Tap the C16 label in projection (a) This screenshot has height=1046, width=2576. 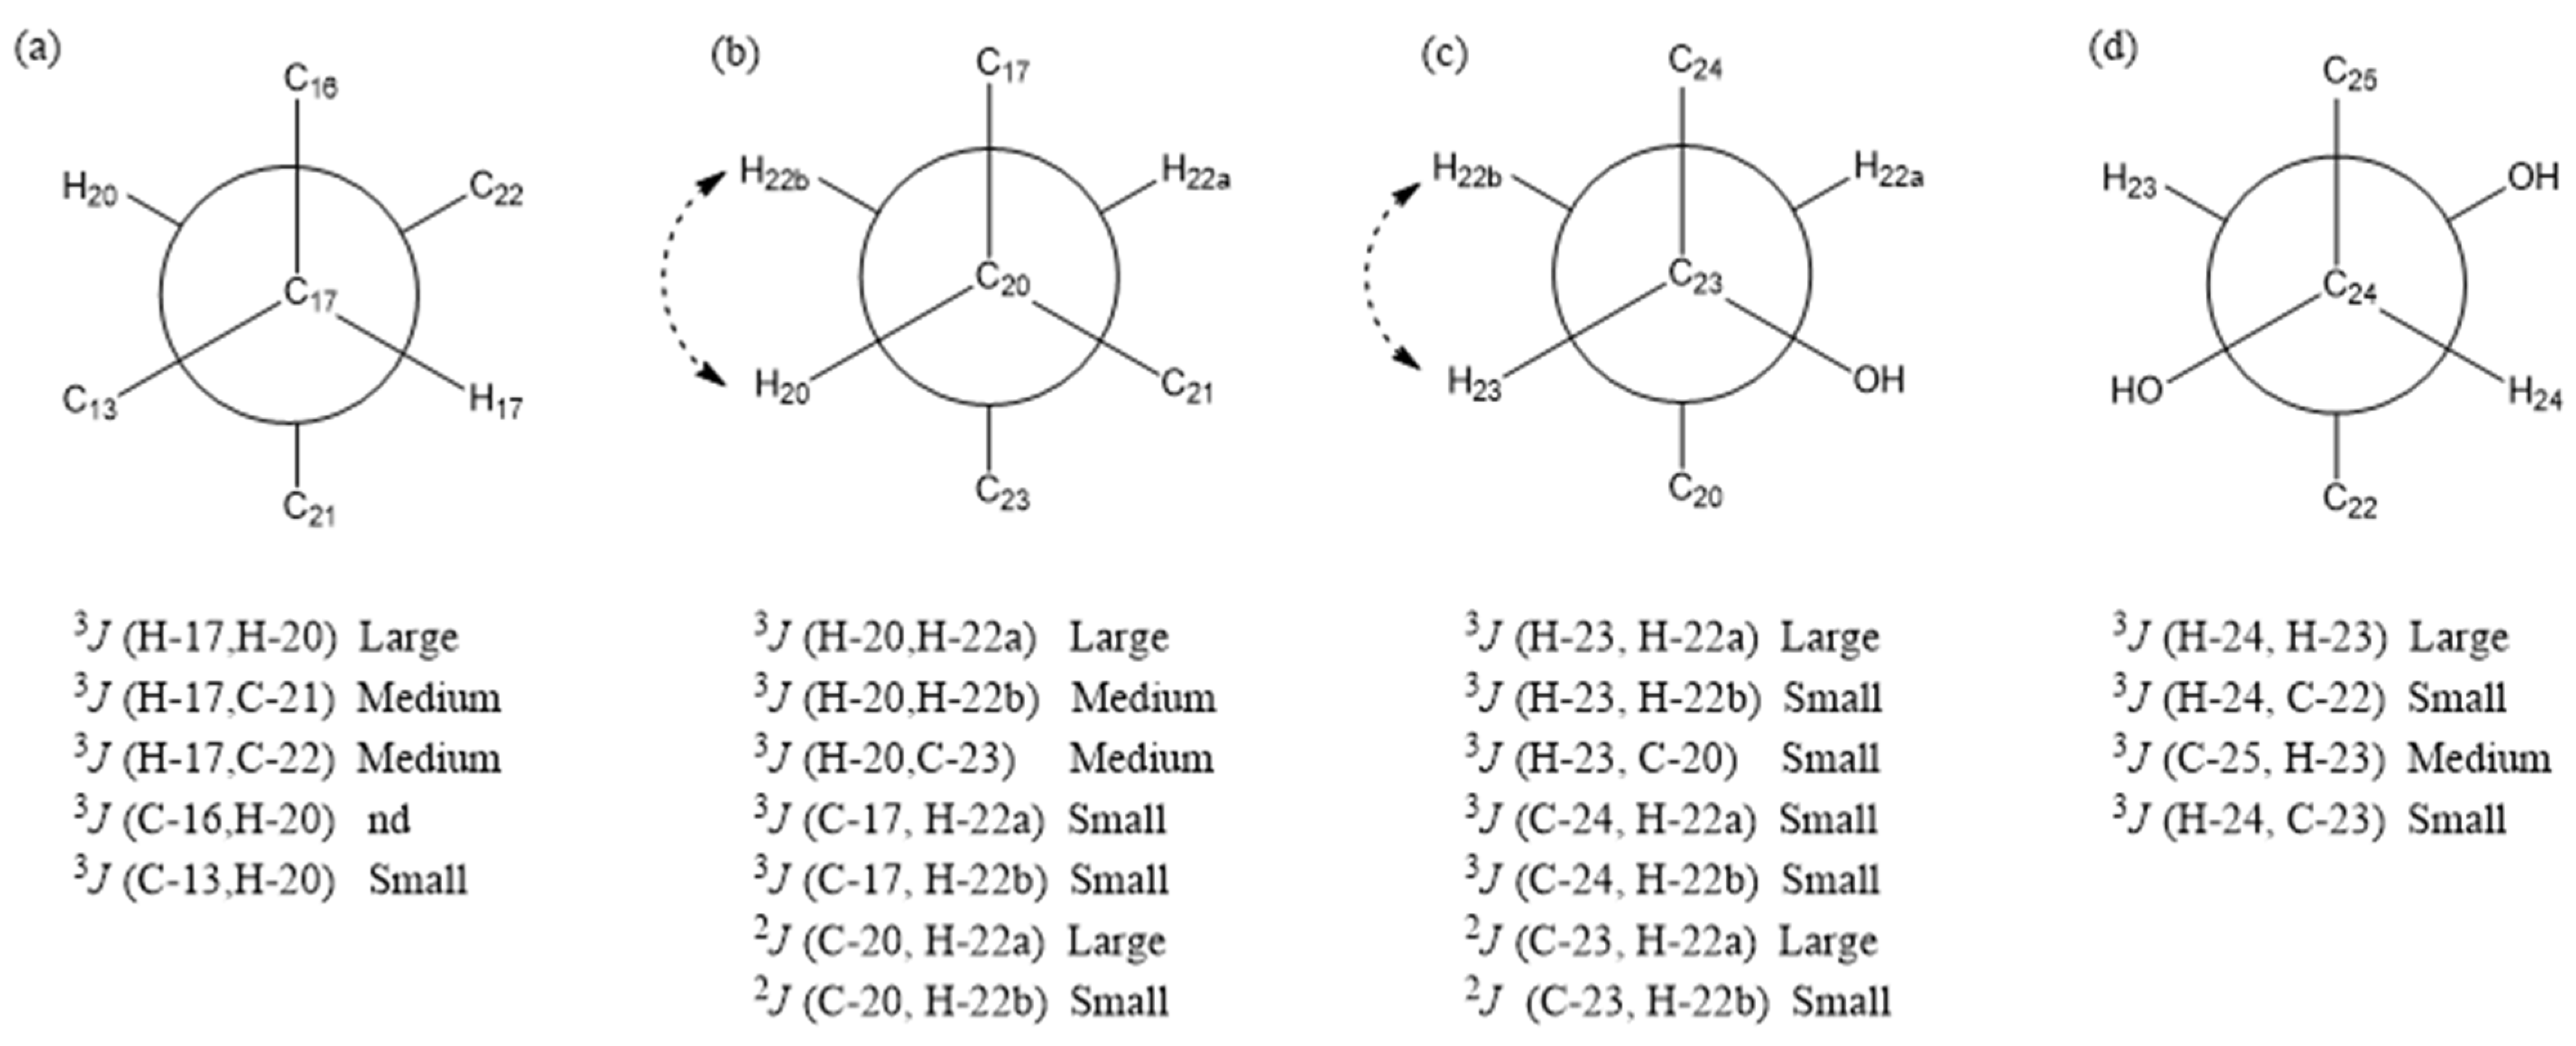coord(310,81)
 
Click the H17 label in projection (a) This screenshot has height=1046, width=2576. coord(495,402)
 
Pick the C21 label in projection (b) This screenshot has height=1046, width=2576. coord(1186,386)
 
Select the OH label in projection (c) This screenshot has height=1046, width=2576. coord(1878,381)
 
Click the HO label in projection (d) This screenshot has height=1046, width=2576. coord(2136,390)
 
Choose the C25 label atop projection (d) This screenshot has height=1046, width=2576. coord(2349,75)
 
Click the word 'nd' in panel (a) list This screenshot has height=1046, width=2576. coord(388,820)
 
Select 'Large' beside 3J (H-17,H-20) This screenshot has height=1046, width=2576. coord(408,637)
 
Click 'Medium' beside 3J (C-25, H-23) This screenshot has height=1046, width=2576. coord(2478,759)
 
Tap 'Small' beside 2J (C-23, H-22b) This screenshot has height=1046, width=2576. coord(1840,1001)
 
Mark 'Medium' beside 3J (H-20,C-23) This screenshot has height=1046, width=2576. coord(1141,759)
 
